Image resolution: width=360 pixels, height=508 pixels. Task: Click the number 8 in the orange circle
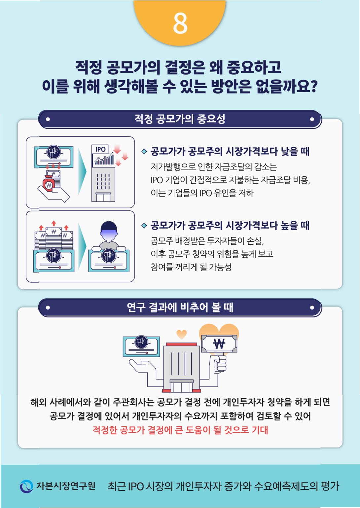click(180, 23)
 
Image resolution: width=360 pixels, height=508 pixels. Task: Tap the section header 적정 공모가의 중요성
click(180, 119)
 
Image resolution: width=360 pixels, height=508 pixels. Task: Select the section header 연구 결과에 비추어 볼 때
click(180, 308)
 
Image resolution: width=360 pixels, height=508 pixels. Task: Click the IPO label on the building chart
click(100, 149)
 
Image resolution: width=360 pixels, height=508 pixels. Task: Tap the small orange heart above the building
click(181, 334)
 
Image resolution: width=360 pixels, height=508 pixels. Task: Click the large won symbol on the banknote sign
click(219, 344)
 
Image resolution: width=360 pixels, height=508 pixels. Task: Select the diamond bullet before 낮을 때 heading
click(144, 152)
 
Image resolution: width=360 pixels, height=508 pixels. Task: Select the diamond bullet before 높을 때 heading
click(144, 226)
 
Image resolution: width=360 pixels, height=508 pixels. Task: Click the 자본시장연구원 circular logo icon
click(26, 486)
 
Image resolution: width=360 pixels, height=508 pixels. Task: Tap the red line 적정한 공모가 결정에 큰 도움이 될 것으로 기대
click(180, 430)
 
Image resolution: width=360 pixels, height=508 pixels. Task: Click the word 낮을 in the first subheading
click(289, 152)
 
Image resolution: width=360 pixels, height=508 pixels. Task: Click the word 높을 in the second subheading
click(289, 226)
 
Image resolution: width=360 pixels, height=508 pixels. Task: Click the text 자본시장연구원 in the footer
click(66, 486)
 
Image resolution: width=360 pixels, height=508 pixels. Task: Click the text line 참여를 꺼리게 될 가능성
click(191, 267)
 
